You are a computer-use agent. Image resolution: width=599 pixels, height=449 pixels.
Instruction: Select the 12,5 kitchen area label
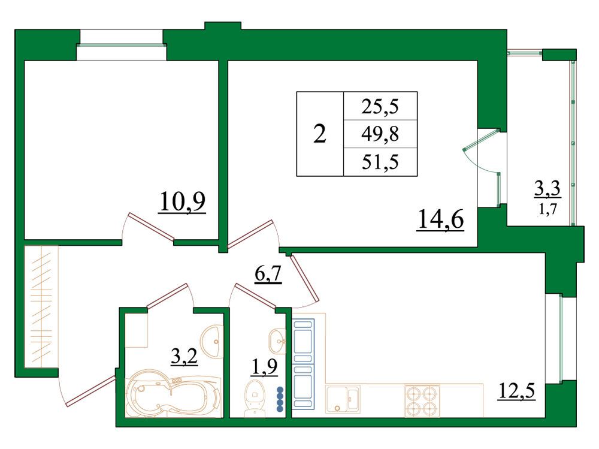(516, 391)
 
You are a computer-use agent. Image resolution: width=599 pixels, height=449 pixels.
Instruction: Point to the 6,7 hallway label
(268, 274)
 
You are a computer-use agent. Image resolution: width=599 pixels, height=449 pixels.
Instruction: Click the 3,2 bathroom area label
(184, 357)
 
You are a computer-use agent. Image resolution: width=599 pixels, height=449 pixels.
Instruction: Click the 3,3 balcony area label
(547, 189)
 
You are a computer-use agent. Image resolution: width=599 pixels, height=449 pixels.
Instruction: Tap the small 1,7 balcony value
(547, 209)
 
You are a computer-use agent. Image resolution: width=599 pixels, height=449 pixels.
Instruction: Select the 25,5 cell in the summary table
(380, 106)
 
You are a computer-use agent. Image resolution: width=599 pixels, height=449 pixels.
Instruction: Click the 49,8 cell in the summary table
(380, 134)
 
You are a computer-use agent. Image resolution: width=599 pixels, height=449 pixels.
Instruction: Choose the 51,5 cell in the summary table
(380, 162)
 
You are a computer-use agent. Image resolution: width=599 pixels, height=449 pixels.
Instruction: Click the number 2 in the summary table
(320, 134)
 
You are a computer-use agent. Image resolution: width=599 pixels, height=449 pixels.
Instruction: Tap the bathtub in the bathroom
(174, 394)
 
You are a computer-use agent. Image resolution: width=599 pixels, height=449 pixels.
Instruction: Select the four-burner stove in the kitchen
(422, 401)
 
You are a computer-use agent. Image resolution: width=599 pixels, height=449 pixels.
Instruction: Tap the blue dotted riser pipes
(280, 399)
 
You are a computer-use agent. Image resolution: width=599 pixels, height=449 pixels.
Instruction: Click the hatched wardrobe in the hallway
(41, 307)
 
